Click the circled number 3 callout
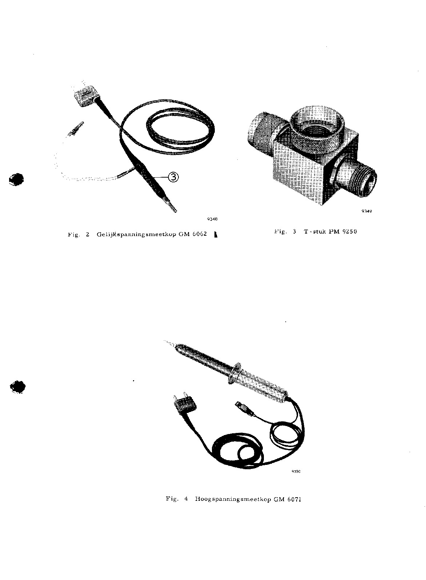173,177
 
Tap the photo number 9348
213,219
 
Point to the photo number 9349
367,211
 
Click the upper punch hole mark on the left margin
16,179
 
